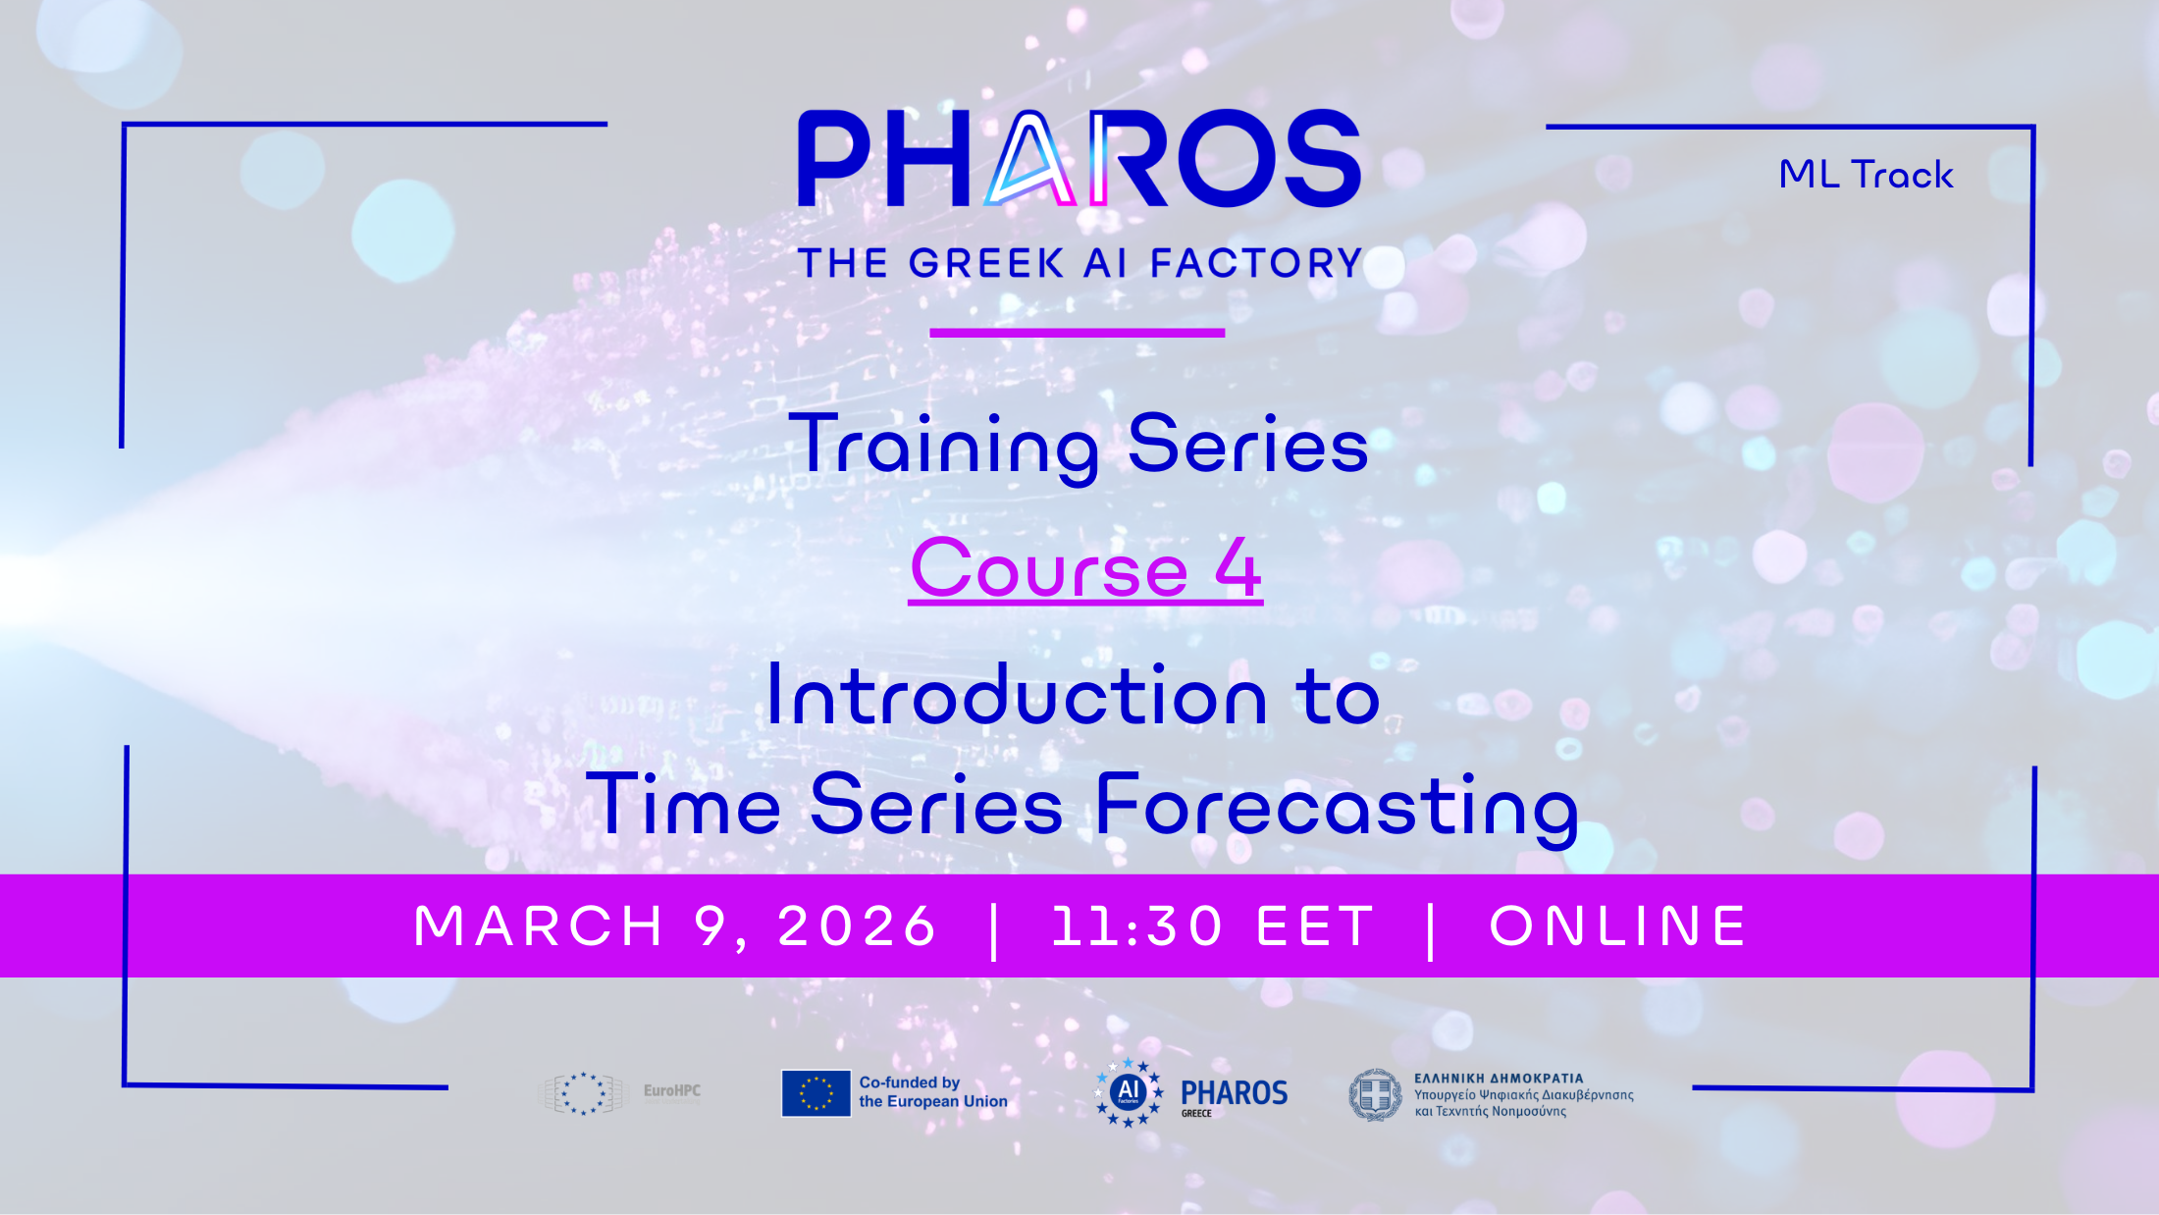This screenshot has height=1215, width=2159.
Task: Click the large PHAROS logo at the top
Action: click(1079, 158)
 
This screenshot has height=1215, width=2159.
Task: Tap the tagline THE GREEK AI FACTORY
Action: click(1080, 263)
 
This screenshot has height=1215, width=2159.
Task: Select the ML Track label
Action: click(1866, 175)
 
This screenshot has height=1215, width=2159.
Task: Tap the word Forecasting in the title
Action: click(1337, 808)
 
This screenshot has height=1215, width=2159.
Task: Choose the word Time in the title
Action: click(683, 804)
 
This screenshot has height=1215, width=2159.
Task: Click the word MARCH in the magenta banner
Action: click(539, 926)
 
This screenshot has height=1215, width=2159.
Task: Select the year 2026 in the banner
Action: click(858, 926)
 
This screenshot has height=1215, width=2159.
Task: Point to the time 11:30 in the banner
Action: click(1137, 926)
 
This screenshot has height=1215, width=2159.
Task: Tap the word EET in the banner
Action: click(1316, 926)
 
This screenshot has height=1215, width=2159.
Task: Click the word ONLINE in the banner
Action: click(1618, 926)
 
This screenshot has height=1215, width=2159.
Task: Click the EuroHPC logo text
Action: click(672, 1090)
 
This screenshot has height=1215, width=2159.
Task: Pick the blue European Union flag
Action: click(816, 1093)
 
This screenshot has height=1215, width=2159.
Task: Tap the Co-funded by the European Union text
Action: click(933, 1092)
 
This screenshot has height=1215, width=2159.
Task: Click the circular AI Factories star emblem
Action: click(1129, 1092)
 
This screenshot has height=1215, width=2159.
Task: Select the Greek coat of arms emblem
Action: click(1376, 1094)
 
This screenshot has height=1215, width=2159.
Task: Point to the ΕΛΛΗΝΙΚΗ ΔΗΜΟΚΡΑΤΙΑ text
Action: click(1499, 1079)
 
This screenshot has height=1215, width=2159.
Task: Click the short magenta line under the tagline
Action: click(1078, 333)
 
